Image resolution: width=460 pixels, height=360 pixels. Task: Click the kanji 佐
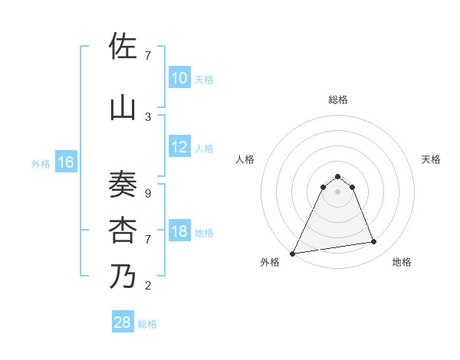click(123, 46)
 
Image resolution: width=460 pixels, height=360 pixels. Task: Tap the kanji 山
click(123, 107)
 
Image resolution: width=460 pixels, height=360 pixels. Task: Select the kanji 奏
click(123, 185)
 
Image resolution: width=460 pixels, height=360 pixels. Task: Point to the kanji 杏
click(123, 229)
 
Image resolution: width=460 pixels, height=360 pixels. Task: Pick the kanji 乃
click(123, 276)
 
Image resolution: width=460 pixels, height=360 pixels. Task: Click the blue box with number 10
click(179, 78)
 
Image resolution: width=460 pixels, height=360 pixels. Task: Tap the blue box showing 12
click(179, 147)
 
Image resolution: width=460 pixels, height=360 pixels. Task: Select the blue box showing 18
click(179, 231)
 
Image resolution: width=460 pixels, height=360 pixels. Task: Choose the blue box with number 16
click(65, 162)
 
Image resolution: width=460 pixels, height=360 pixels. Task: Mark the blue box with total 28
click(123, 322)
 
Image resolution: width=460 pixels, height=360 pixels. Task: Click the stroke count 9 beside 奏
click(148, 194)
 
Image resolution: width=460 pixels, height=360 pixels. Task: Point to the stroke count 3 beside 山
click(148, 116)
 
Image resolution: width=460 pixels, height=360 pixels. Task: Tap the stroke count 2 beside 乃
click(148, 286)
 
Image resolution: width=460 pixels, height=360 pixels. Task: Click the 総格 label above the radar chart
click(337, 100)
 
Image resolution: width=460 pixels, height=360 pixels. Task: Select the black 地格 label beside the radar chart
click(402, 262)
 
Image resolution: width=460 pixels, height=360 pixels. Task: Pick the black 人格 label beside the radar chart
click(245, 159)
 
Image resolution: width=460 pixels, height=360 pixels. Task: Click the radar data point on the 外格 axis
click(293, 253)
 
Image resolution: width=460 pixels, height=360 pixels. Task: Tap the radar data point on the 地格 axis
click(374, 242)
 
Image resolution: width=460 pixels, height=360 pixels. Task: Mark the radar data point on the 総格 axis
click(337, 176)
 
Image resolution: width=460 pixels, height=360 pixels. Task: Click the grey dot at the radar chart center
click(337, 191)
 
